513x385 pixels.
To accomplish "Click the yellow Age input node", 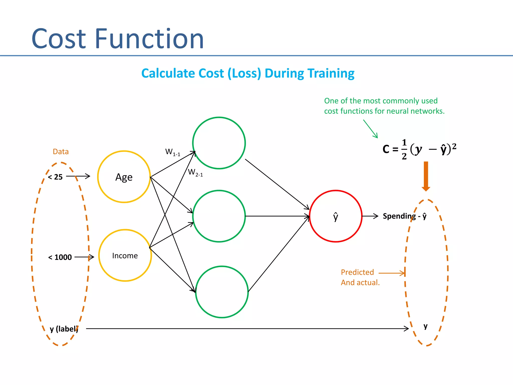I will [x=124, y=177].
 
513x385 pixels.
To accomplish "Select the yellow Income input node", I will [x=125, y=255].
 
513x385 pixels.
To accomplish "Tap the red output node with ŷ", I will [x=336, y=216].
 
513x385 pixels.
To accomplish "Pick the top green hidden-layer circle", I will [x=219, y=143].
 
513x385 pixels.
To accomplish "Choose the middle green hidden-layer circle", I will [x=219, y=216].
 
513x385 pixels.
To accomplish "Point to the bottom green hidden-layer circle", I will [x=222, y=292].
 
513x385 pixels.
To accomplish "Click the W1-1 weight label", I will [x=173, y=152].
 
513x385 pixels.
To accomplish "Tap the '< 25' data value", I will [x=55, y=177].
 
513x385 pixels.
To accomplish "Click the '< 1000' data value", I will [x=60, y=257].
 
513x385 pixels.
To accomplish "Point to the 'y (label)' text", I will [x=64, y=329].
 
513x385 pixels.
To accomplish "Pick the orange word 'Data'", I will [x=61, y=152].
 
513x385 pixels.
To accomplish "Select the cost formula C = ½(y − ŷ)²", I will [x=419, y=149].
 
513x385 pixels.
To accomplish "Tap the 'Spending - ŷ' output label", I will [x=405, y=216].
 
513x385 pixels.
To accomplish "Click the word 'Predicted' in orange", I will [x=357, y=272].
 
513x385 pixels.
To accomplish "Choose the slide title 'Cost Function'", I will [x=117, y=39].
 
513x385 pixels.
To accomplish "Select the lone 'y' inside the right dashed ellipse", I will [x=425, y=326].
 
